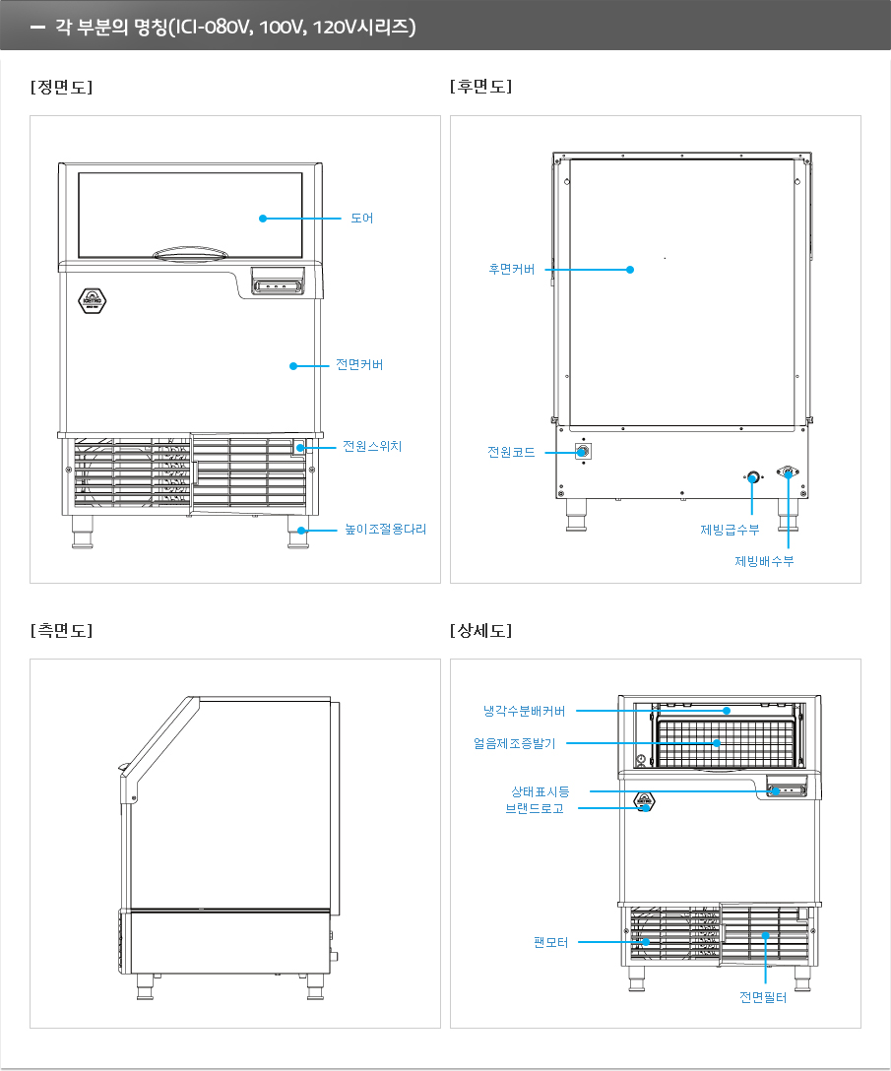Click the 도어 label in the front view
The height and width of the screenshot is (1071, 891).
[x=361, y=219]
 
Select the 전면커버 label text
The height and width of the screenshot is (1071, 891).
[x=358, y=365]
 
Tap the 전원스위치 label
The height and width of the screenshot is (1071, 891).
[x=371, y=447]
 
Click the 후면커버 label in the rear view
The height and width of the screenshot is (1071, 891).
[x=511, y=269]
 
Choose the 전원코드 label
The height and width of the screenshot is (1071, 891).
[x=511, y=452]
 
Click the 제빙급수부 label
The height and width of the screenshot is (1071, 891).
[x=730, y=530]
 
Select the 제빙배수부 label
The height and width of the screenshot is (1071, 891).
[x=764, y=561]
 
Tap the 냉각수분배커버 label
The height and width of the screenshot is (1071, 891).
[x=524, y=710]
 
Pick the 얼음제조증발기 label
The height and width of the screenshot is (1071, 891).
[x=521, y=743]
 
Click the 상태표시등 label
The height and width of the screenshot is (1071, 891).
[x=539, y=791]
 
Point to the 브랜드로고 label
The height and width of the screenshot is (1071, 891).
[x=534, y=809]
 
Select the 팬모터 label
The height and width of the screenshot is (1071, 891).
[x=551, y=942]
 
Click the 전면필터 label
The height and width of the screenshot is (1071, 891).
[x=763, y=997]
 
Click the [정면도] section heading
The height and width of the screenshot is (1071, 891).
[x=61, y=87]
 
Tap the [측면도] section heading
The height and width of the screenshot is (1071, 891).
[x=61, y=630]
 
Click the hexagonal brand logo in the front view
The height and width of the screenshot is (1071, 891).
[x=90, y=300]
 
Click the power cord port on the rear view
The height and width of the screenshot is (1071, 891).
[x=583, y=452]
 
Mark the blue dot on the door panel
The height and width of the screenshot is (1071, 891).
[x=263, y=219]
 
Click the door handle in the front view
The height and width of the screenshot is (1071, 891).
[x=189, y=255]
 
